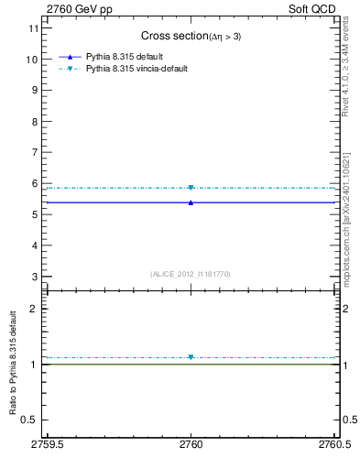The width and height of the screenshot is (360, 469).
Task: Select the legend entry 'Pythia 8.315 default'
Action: [x=125, y=57]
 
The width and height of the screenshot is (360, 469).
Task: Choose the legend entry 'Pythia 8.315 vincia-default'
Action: [x=136, y=69]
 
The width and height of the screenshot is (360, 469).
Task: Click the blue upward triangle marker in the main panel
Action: [x=191, y=202]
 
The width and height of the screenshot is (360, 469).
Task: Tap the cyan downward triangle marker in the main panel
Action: [x=191, y=188]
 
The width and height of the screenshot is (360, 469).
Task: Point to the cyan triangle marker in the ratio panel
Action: [x=191, y=357]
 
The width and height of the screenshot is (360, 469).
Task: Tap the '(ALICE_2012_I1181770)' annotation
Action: [x=190, y=273]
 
